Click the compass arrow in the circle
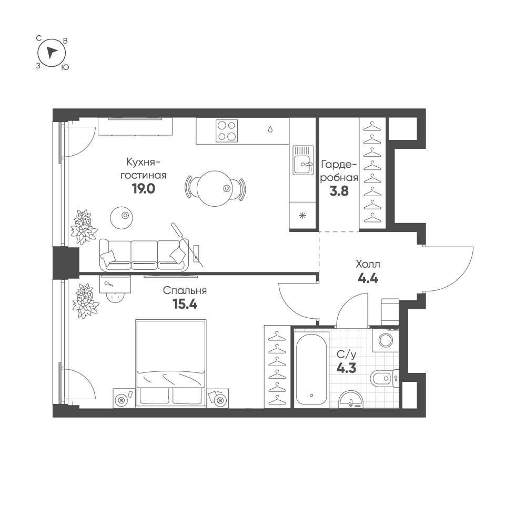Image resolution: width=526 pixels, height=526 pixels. (51, 53)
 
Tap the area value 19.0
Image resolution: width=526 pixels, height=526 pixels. (144, 189)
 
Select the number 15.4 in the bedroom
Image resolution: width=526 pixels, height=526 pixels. (185, 304)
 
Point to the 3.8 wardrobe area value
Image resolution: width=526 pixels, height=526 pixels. (339, 191)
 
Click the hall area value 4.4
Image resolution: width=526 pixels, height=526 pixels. (368, 278)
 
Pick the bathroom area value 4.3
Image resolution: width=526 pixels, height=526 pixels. (347, 368)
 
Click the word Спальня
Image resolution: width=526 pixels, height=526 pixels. (185, 290)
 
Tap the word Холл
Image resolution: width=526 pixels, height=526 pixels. (368, 265)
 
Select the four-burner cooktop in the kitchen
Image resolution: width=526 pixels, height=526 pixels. (227, 131)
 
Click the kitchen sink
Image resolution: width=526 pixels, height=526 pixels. (303, 160)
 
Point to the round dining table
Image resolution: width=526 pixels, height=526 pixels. (215, 188)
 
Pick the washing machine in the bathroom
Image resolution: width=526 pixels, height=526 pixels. (386, 340)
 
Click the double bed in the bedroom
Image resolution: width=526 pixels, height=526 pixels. (171, 363)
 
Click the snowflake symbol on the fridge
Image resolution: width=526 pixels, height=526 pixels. (302, 216)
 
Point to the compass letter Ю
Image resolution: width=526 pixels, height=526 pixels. (65, 67)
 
